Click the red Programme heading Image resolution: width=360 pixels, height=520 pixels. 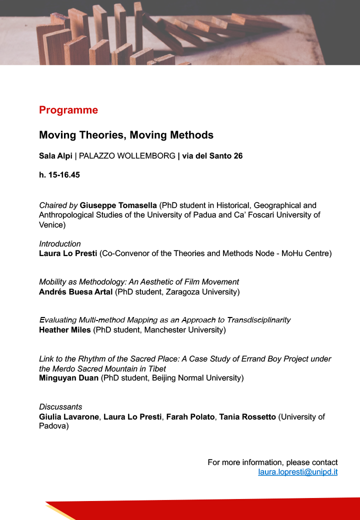[68, 110]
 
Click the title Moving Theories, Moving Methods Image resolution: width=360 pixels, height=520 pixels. [126, 135]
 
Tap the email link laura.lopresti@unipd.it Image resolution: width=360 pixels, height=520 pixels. [297, 471]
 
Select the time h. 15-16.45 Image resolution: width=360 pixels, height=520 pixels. [59, 175]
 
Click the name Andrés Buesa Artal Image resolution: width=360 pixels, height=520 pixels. [75, 291]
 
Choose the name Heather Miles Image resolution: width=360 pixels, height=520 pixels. [63, 329]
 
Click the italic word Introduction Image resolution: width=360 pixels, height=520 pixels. [59, 244]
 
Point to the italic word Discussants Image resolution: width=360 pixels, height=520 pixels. [60, 407]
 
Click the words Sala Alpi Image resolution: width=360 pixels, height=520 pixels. [55, 156]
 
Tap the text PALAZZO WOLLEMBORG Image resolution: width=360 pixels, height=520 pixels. [127, 156]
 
